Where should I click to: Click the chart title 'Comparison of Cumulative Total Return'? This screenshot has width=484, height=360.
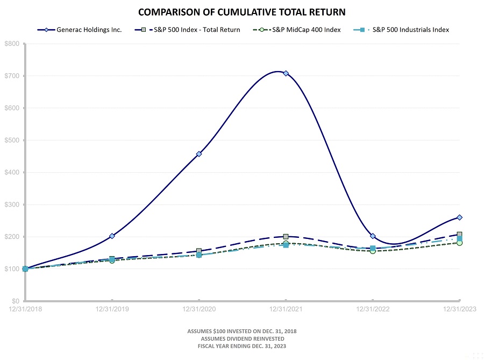[x=241, y=11]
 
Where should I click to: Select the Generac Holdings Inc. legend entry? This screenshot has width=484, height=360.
[x=86, y=30]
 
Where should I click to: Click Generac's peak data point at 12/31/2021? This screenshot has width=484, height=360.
[x=286, y=73]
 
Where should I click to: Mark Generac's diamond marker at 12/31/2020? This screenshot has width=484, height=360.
[x=199, y=154]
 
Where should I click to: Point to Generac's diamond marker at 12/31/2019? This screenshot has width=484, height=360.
[x=112, y=236]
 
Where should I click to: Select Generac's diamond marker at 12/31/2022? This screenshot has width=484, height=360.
[x=373, y=236]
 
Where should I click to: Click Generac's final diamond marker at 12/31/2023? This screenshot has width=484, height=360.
[x=459, y=217]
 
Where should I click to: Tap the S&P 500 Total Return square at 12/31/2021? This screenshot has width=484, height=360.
[x=286, y=237]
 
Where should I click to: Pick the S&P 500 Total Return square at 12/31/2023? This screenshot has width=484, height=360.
[x=459, y=235]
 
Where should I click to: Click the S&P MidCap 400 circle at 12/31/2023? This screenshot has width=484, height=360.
[x=459, y=243]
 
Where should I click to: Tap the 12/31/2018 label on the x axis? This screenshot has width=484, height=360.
[x=25, y=309]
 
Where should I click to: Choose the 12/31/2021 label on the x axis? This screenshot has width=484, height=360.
[x=286, y=309]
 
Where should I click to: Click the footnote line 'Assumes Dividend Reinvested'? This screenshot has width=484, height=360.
[x=241, y=339]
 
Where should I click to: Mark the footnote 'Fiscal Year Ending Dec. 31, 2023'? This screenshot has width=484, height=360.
[x=241, y=347]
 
